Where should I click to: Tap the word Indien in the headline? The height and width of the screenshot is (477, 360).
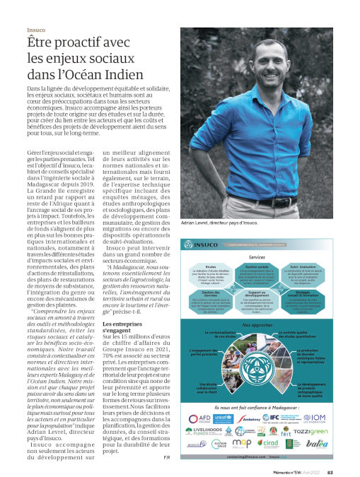point(124,74)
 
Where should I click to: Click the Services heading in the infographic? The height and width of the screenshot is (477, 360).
point(257,257)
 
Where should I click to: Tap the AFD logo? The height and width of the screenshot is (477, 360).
point(196,418)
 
